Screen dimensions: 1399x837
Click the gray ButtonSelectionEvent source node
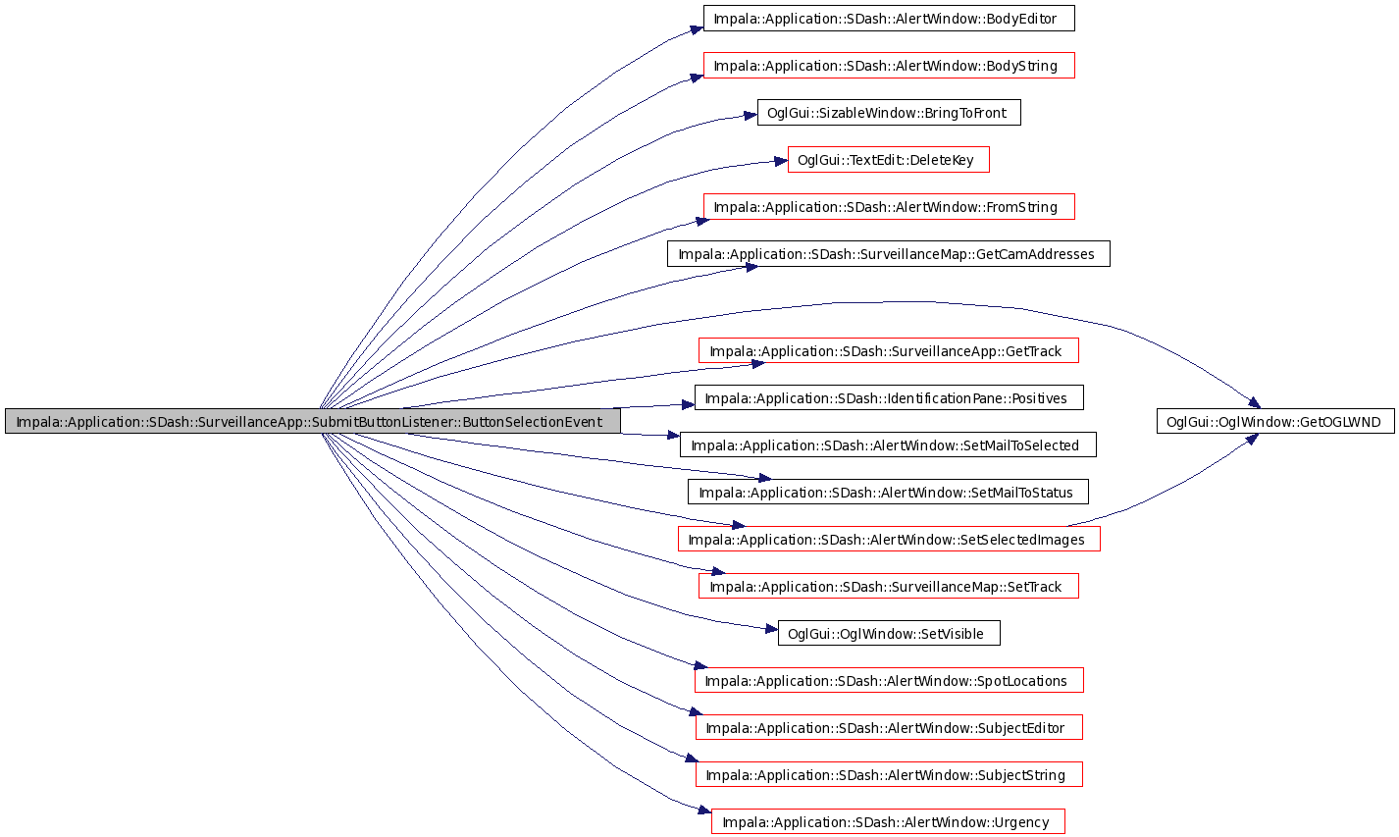(313, 422)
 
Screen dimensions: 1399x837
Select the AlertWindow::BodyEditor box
(889, 19)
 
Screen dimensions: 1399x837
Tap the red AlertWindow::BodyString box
(889, 66)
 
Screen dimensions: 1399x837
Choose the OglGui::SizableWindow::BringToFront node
(889, 113)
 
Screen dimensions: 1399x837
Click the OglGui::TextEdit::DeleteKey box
(888, 160)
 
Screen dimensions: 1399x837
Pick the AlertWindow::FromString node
(889, 207)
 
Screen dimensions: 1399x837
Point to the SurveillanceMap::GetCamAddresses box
(888, 254)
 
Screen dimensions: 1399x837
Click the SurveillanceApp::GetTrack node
(888, 351)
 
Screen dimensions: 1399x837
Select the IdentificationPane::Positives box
(889, 397)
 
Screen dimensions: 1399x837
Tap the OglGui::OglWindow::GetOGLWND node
(1275, 422)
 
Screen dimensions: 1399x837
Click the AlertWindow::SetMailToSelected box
(888, 445)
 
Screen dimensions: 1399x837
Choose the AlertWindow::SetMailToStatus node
(888, 493)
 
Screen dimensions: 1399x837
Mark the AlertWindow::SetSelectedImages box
(889, 539)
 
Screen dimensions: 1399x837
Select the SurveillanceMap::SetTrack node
(888, 587)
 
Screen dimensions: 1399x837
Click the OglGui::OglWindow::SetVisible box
(888, 633)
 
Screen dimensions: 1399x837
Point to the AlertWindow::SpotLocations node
(889, 680)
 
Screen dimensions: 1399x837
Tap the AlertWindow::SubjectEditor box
(889, 728)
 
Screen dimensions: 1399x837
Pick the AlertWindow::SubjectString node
(889, 774)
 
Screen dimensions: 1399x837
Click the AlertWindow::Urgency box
(888, 822)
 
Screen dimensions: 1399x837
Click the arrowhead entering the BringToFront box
(751, 116)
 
